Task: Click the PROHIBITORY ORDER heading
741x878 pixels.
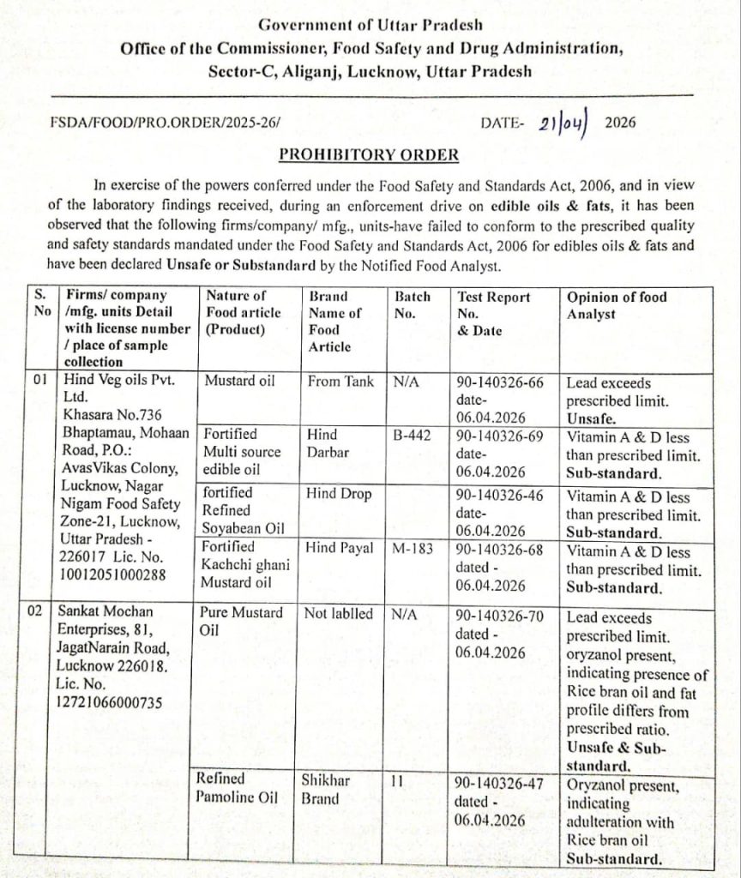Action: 369,155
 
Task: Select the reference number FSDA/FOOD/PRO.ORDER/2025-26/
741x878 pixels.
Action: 166,123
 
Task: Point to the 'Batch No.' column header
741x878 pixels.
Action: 412,305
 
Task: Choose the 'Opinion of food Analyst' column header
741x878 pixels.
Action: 617,305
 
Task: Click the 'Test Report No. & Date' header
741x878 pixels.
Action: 493,313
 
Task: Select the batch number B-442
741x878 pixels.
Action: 411,435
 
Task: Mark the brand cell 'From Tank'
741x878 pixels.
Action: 340,382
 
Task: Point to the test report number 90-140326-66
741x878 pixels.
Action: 500,382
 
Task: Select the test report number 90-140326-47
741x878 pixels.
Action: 500,782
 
